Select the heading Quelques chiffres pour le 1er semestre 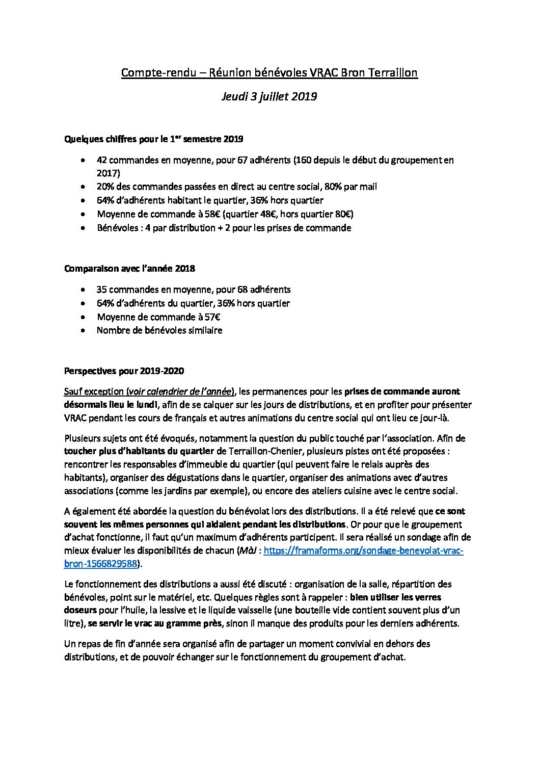pos(153,139)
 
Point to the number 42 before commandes pos(101,160)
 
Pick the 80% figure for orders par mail pos(319,187)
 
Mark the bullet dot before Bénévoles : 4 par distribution pos(83,228)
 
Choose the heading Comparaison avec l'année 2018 pos(129,268)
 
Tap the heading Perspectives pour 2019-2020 pos(124,371)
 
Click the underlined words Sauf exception pos(94,391)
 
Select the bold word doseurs pos(81,610)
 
